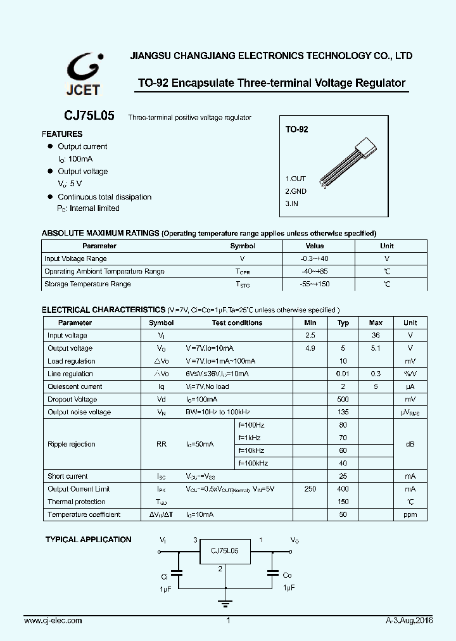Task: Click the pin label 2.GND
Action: pos(296,191)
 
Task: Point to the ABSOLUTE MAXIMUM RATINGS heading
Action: pos(100,232)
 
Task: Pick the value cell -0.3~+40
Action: pos(315,258)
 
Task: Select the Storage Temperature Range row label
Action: pos(87,284)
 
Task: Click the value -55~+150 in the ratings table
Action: pos(315,284)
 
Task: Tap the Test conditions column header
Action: pos(237,322)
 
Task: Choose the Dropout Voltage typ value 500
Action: pos(343,399)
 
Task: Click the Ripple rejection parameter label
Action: pos(71,444)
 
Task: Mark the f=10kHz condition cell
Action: pos(251,450)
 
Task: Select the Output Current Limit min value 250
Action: pos(310,489)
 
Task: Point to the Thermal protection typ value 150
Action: pos(343,502)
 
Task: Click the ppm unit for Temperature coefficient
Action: pos(410,514)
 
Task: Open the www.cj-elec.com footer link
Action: pos(51,621)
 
